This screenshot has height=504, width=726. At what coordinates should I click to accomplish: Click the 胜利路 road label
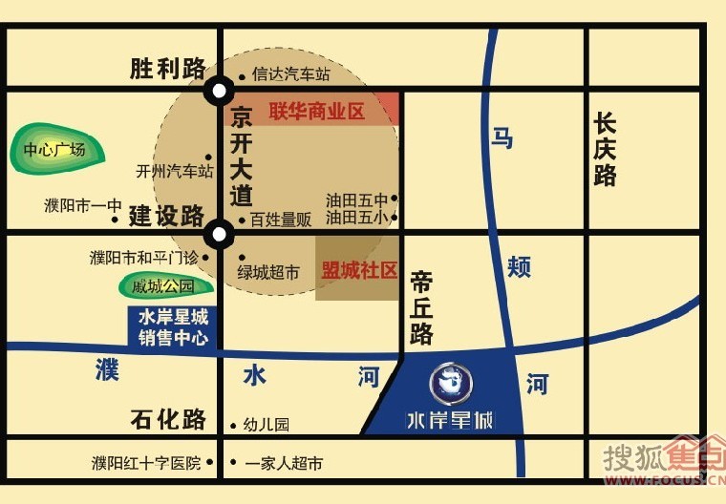click(168, 69)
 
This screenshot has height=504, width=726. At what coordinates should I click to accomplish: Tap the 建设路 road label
click(167, 216)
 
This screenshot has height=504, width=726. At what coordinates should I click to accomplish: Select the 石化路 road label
click(168, 419)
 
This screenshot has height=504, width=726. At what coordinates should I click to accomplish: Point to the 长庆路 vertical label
click(605, 150)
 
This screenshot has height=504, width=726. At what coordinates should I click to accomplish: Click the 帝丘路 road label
click(422, 306)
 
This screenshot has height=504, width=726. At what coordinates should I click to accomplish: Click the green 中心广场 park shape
click(54, 150)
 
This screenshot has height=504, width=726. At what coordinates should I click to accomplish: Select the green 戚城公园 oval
click(163, 285)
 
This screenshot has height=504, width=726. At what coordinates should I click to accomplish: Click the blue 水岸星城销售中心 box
click(173, 327)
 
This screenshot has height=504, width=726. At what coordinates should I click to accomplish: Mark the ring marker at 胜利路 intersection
click(220, 92)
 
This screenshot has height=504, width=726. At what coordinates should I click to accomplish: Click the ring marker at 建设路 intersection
click(220, 233)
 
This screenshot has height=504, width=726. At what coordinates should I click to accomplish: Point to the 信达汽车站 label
click(290, 73)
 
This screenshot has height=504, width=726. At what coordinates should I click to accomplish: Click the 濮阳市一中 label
click(83, 204)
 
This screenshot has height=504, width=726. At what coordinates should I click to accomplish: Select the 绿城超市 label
click(268, 273)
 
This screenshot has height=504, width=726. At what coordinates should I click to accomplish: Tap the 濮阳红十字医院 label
click(146, 463)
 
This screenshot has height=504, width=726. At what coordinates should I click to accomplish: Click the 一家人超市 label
click(284, 464)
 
